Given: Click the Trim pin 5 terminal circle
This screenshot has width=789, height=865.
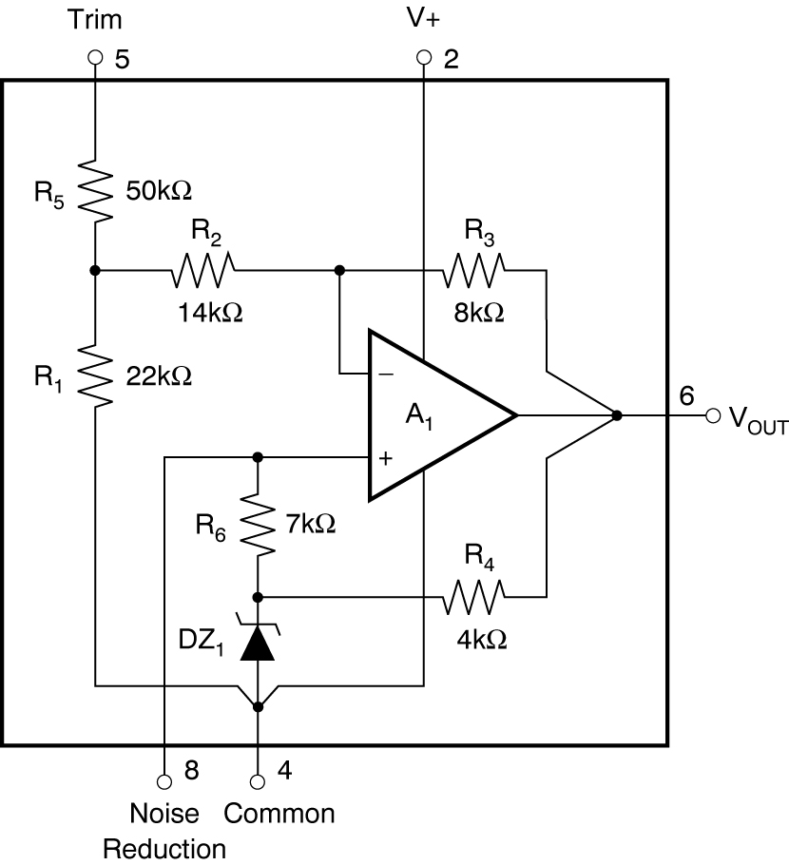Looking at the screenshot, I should click(x=94, y=59).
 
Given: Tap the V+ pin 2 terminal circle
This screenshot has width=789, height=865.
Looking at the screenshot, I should click(x=424, y=59).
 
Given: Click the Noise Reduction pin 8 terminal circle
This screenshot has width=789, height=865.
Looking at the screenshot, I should click(x=164, y=781).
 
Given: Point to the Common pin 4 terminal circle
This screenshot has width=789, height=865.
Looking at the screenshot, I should click(x=257, y=781).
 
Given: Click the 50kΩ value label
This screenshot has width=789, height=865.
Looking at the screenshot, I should click(x=159, y=189).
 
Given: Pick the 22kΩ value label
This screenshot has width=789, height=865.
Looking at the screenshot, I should click(x=159, y=376).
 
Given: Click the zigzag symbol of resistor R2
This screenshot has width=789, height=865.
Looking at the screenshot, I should click(x=203, y=271).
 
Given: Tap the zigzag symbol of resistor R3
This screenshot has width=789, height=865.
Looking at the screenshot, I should click(x=474, y=271).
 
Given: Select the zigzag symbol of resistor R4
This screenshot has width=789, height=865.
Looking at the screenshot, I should click(x=474, y=597).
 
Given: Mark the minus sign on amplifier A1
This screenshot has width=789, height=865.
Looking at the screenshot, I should click(x=386, y=374).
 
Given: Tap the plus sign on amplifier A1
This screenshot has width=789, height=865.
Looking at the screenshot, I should click(x=386, y=457).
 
